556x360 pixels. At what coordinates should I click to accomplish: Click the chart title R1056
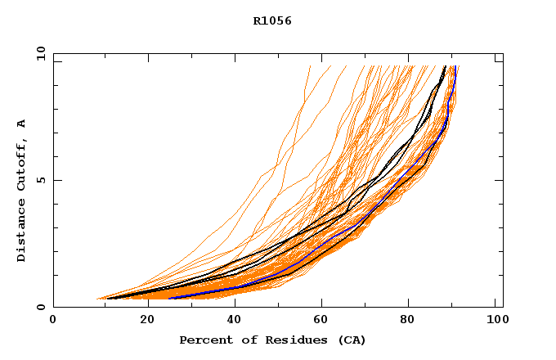[x=272, y=21]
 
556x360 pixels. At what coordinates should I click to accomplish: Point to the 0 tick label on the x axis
[x=53, y=320]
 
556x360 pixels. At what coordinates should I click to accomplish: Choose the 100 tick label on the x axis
[x=496, y=320]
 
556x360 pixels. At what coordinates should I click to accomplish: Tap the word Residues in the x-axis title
[x=285, y=340]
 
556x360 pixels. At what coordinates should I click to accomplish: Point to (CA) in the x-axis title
[x=351, y=340]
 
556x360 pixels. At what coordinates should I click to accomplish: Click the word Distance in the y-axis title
[x=21, y=232]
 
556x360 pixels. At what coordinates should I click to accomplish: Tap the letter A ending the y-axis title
[x=21, y=124]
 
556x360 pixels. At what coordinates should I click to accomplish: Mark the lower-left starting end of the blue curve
[x=169, y=298]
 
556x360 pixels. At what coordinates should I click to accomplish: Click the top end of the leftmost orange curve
[x=311, y=66]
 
